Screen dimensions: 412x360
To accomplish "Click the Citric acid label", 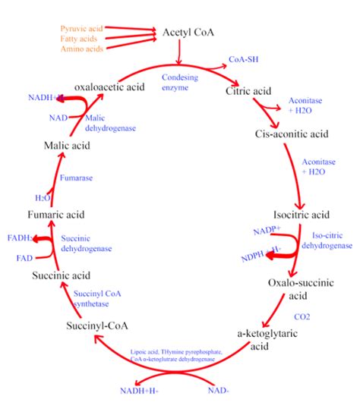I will [248, 90].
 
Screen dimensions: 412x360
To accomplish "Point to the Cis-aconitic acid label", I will [292, 134].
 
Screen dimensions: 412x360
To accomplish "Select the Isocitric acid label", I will [302, 214].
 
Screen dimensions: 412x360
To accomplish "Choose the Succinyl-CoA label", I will [97, 326].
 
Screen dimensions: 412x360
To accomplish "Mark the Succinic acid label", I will [62, 275].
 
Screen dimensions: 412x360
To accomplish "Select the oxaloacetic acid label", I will [110, 87].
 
